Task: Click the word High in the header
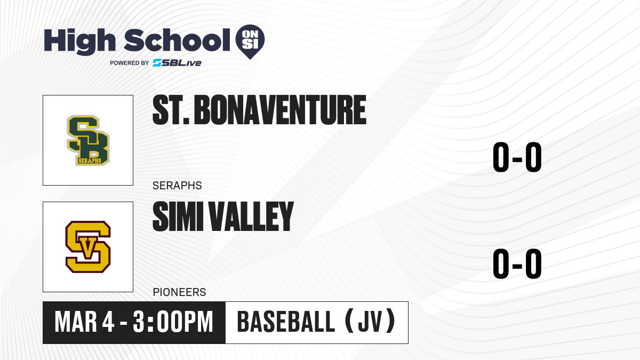[79, 41]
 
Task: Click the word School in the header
[177, 41]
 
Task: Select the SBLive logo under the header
[177, 63]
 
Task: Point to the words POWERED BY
[130, 63]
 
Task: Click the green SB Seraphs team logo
[88, 140]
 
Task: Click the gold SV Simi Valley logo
[88, 247]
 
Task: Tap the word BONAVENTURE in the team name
[280, 110]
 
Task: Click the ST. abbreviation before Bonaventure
[171, 110]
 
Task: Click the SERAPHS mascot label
[177, 186]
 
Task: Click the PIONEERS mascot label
[179, 292]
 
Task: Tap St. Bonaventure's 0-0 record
[517, 157]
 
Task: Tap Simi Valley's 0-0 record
[517, 263]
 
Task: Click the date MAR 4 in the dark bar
[85, 322]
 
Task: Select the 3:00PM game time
[173, 322]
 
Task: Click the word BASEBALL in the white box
[286, 322]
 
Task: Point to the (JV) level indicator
[370, 322]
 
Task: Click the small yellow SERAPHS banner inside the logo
[90, 161]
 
